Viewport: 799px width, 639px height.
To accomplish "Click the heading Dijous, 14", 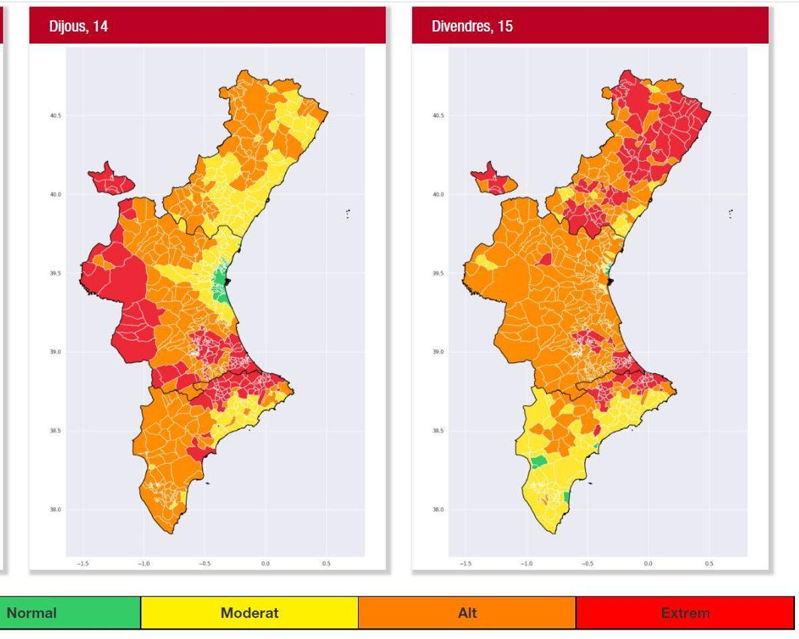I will (x=79, y=27).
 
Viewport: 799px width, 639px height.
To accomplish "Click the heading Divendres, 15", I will (x=472, y=27).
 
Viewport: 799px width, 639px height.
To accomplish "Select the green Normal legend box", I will (x=70, y=613).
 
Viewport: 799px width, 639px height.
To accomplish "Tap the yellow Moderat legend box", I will (x=249, y=613).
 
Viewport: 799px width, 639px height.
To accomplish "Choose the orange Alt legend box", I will (x=467, y=613).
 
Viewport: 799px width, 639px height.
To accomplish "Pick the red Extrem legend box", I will (x=684, y=613).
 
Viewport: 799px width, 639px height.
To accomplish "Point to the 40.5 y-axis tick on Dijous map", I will (x=55, y=116).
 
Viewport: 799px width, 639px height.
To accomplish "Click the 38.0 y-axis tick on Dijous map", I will (x=55, y=510).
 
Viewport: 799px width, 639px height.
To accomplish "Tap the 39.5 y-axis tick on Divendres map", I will (x=438, y=274).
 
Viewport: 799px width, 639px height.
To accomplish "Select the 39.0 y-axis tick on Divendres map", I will (x=438, y=352).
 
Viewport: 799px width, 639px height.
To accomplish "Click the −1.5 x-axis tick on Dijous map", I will (x=83, y=564).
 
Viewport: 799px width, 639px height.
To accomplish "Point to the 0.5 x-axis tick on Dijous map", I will (x=326, y=564).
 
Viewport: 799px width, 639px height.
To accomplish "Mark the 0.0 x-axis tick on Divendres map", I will (x=648, y=564).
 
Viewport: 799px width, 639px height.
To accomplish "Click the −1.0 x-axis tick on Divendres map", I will (x=526, y=564).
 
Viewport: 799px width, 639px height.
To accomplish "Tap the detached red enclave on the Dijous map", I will (x=110, y=178).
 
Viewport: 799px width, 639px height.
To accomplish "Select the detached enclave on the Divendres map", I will (x=493, y=178).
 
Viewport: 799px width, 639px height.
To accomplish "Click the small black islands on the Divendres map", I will (x=730, y=214).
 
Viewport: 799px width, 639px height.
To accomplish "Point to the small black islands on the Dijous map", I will (x=348, y=214).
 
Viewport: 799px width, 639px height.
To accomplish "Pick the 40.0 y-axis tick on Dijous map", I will (x=55, y=195).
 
